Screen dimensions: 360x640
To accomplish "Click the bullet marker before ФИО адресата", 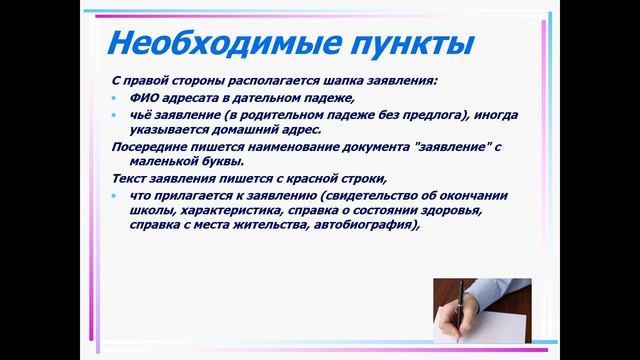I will pyautogui.click(x=115, y=98).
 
